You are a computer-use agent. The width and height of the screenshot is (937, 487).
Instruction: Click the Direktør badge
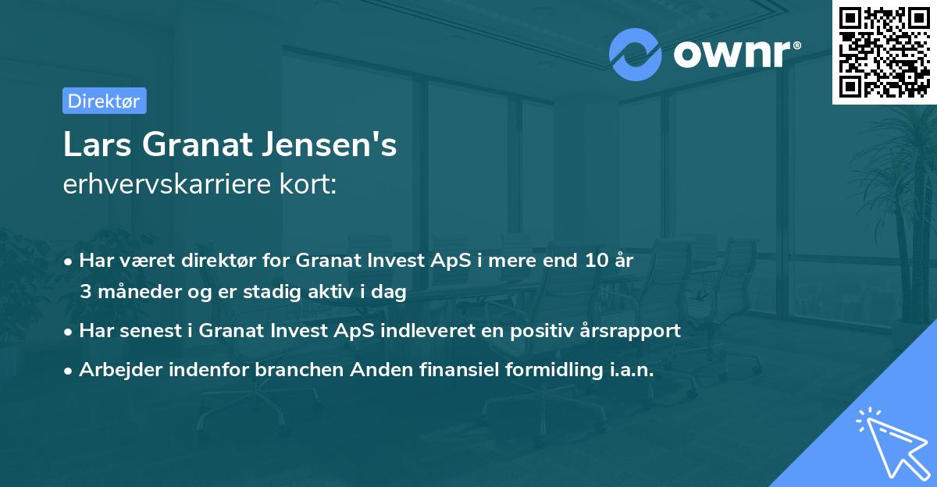(x=104, y=101)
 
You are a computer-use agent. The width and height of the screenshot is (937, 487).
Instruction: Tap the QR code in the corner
(x=883, y=52)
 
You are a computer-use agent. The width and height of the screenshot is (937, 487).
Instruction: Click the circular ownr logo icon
(x=635, y=55)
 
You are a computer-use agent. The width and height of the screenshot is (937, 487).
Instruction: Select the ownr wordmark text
(x=733, y=55)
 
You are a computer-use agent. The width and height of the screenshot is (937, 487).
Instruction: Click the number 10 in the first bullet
(x=594, y=261)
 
